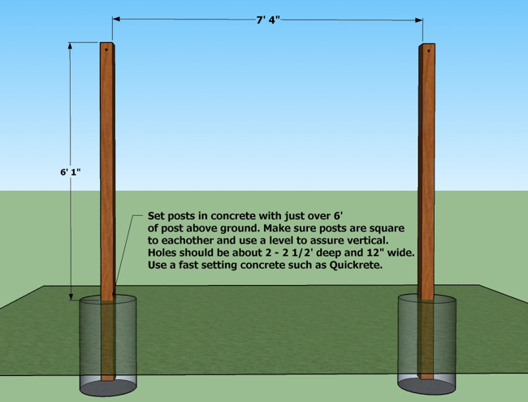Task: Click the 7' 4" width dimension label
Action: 267,19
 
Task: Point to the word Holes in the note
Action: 164,253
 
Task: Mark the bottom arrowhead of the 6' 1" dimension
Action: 71,296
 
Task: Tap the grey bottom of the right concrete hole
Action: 426,383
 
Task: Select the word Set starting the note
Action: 157,217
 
